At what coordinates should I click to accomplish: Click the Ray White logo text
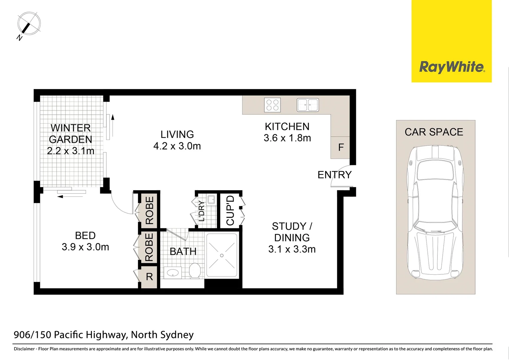452,67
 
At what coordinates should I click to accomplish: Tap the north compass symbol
29,24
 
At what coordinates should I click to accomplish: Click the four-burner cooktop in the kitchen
272,105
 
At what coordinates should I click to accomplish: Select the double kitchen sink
307,105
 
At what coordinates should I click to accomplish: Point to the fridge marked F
340,147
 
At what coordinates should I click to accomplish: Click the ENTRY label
334,175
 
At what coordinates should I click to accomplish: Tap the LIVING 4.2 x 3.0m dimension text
177,146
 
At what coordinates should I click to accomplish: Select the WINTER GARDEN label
70,134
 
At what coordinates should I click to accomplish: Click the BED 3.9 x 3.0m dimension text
85,247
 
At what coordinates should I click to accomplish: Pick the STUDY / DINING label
292,232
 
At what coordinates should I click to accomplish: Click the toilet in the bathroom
195,270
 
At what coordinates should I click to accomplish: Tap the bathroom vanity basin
173,273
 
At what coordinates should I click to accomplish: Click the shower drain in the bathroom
222,256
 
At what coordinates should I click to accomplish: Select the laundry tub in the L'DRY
211,200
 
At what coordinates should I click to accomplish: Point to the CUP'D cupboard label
231,210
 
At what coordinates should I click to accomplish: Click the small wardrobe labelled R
149,277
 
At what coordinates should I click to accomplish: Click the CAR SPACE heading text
434,132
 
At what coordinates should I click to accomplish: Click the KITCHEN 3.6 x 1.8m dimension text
287,138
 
